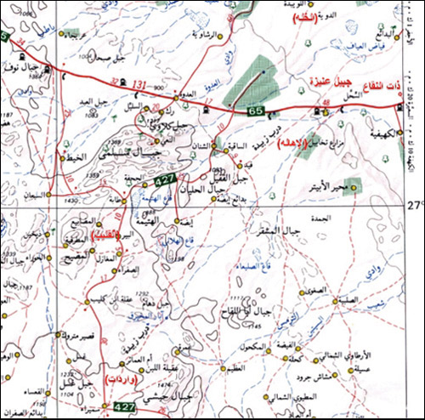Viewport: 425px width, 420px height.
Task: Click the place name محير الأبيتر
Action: [326, 184]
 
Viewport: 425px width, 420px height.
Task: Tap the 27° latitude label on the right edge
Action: [415, 205]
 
